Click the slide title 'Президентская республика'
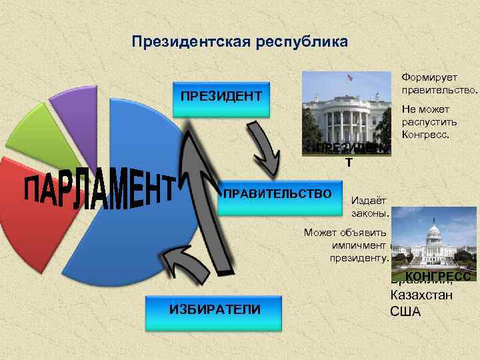tap(239, 43)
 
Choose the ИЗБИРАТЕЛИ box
tap(215, 309)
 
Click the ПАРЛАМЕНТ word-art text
tap(100, 190)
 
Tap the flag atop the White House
tap(349, 77)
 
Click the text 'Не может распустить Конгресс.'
tap(426, 122)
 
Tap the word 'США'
tap(406, 311)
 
